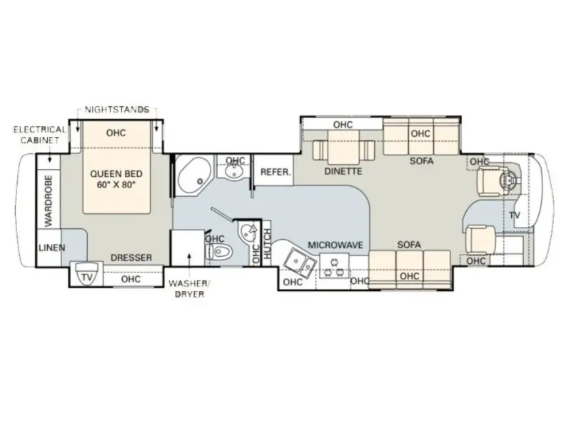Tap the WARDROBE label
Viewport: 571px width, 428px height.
coord(49,201)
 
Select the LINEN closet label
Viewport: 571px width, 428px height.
coord(51,248)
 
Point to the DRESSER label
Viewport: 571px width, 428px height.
coord(131,258)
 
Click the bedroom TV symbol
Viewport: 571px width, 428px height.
coord(86,274)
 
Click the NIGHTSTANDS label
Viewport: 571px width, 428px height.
coord(117,110)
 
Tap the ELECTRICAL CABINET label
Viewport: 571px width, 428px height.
coord(40,135)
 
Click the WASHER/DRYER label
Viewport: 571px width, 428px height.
coord(190,289)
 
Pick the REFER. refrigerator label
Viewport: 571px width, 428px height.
coord(276,172)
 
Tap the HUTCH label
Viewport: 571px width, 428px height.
coord(268,244)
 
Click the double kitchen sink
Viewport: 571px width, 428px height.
coord(300,263)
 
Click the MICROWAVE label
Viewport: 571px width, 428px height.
coord(335,245)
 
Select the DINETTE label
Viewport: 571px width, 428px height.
coord(343,171)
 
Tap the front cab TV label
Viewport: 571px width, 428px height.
coord(515,215)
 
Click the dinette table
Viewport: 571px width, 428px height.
coord(343,148)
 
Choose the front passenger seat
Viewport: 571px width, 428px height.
coord(481,239)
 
